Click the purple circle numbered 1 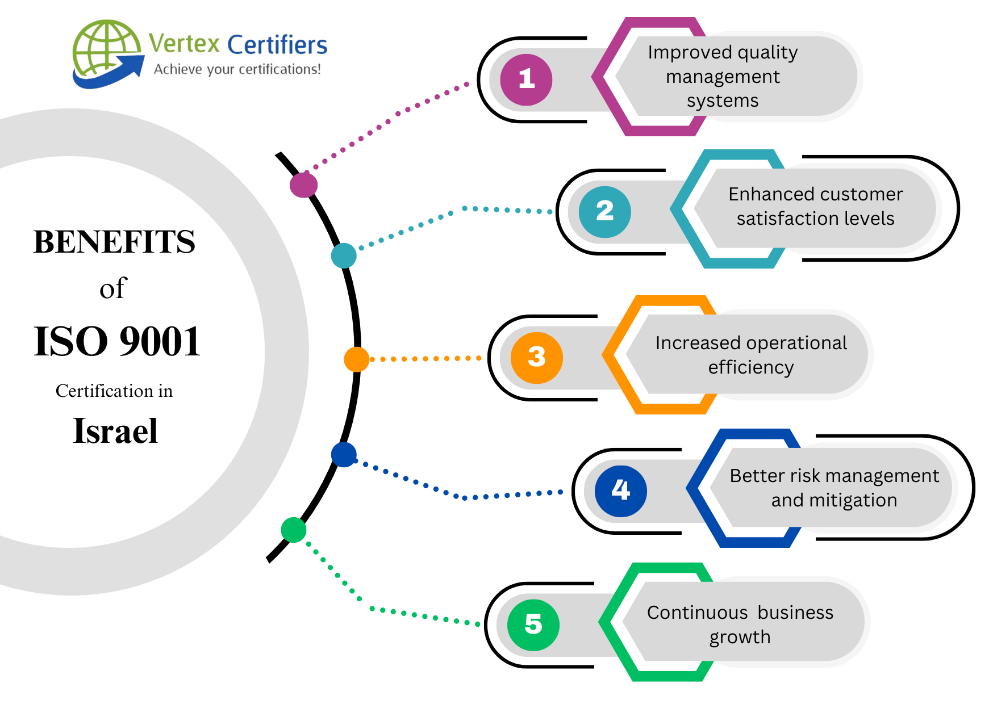click(x=526, y=79)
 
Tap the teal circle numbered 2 click(x=604, y=212)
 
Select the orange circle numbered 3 click(x=536, y=358)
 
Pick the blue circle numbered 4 click(x=620, y=491)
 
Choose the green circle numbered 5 click(x=533, y=625)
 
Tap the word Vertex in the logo click(x=184, y=44)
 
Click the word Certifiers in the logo click(x=277, y=45)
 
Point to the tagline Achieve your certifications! click(x=237, y=69)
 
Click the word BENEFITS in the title click(x=114, y=242)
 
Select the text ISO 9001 click(x=117, y=342)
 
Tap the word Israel click(x=115, y=431)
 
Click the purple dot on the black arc click(x=303, y=185)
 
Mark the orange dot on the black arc click(x=356, y=359)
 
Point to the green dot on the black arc click(x=294, y=530)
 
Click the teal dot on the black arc click(x=344, y=255)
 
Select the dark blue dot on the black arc click(x=344, y=455)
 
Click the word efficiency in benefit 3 click(x=750, y=367)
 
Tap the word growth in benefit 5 click(x=740, y=637)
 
